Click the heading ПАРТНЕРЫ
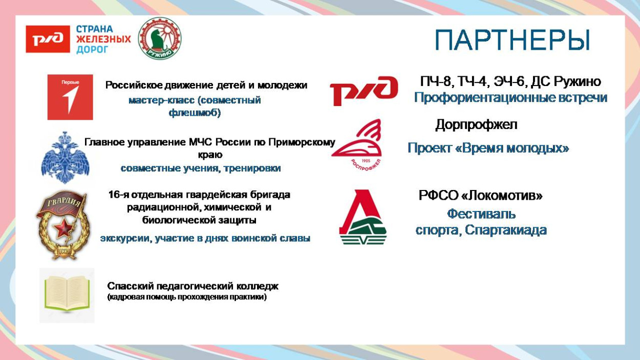pos(513,40)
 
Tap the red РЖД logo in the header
pos(48,39)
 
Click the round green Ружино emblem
pos(160,38)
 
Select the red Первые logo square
pos(70,97)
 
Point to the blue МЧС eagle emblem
pos(65,157)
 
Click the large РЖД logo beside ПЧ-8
pos(364,91)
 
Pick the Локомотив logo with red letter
pos(362,217)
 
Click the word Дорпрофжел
pos(476,124)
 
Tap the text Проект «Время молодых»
pos(488,149)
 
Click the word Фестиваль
pos(481,214)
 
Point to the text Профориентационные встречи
pos(510,97)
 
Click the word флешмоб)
pos(195,113)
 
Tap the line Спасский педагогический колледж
pos(193,286)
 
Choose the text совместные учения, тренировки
pos(201,168)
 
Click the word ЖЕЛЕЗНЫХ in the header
pos(103,39)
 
